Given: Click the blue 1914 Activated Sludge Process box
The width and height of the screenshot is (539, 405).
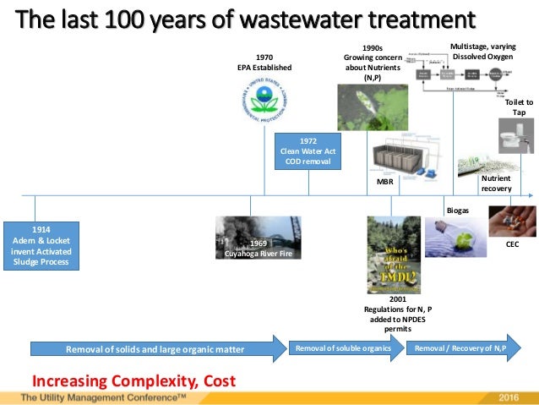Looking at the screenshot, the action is [41, 245].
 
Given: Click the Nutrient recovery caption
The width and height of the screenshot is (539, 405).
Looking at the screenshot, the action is [497, 183].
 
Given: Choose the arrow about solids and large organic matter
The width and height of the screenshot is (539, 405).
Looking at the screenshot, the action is [157, 348].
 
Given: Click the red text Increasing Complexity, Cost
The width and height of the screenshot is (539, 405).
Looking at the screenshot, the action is [133, 380].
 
